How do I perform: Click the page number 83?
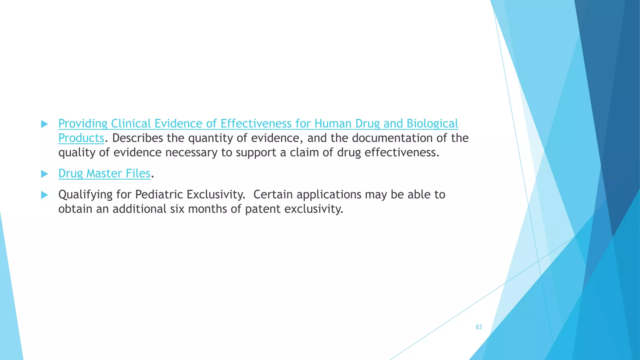coord(479,327)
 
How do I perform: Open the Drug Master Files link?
coord(104,173)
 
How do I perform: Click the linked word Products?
coord(81,138)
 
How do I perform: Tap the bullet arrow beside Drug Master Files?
coord(44,174)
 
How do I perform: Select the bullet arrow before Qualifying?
coord(44,195)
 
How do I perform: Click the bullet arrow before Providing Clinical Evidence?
coord(44,124)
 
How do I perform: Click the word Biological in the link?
coord(432,124)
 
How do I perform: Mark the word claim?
coord(303,152)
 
